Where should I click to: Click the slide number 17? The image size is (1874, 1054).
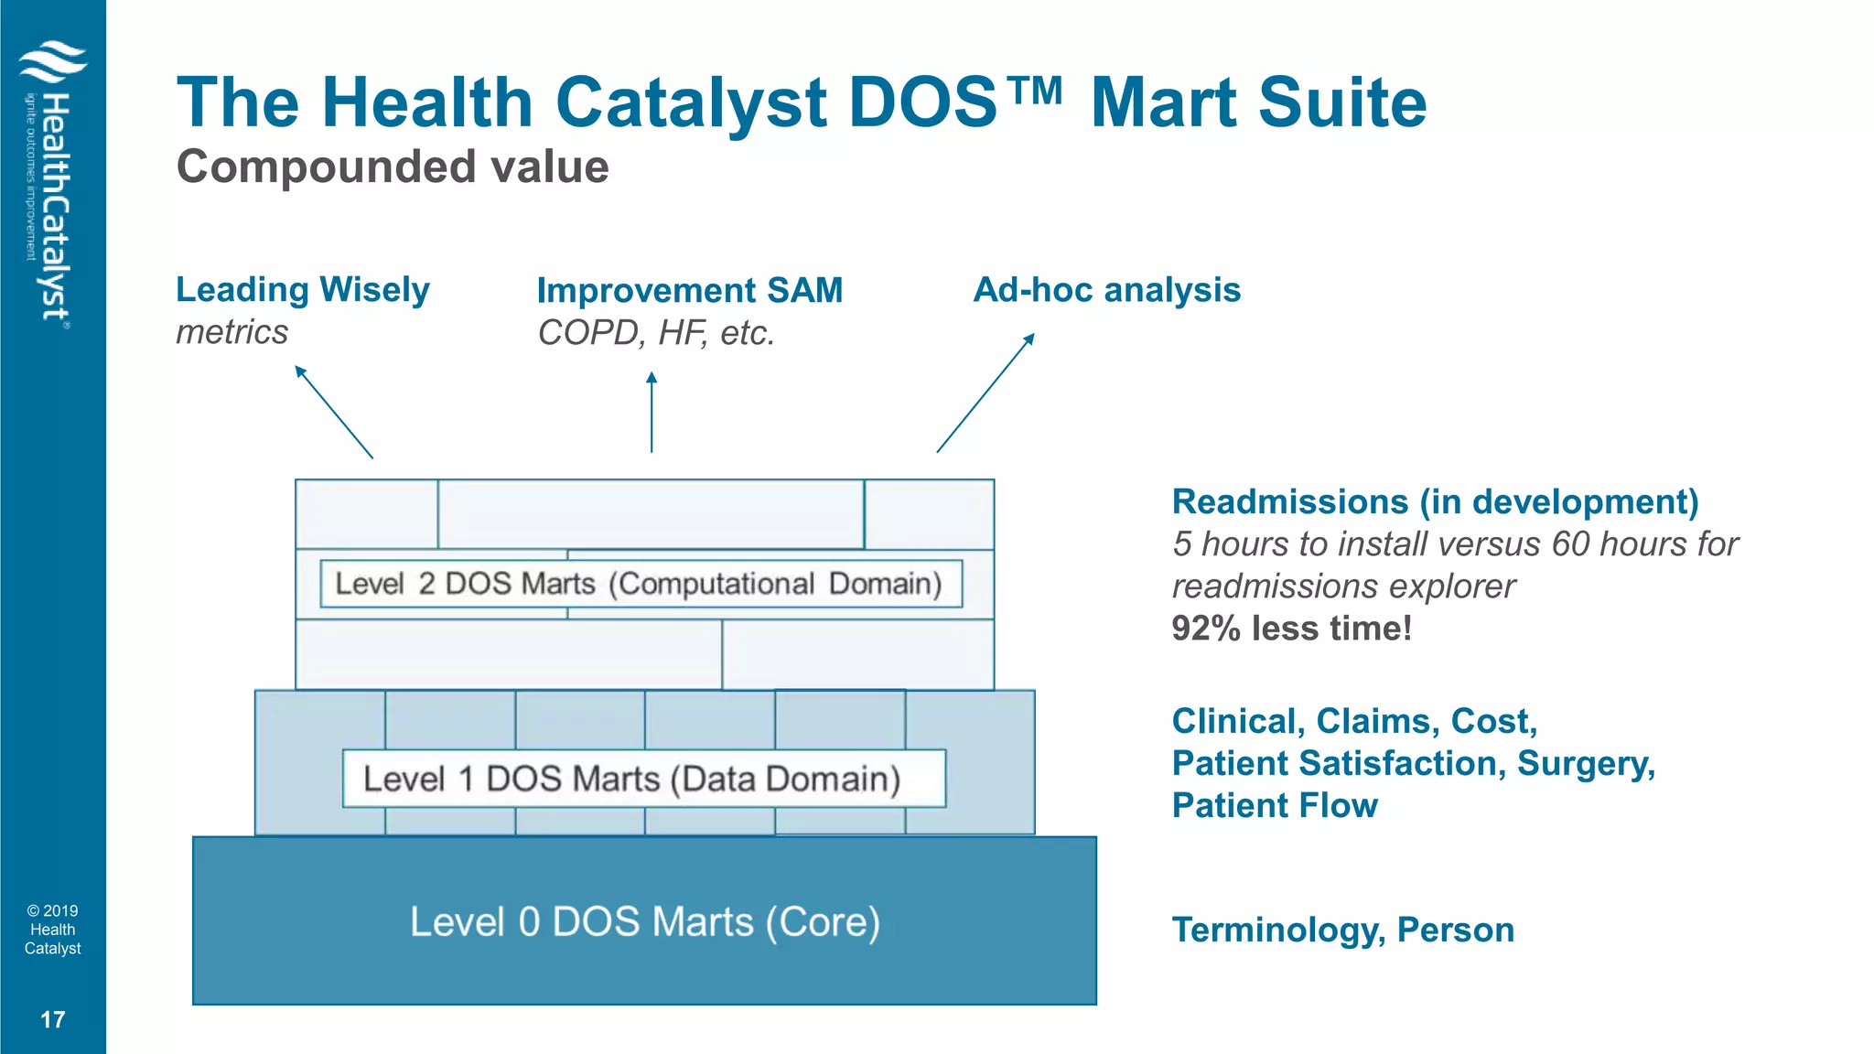[x=53, y=1019]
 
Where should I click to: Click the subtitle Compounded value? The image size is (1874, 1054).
[x=393, y=167]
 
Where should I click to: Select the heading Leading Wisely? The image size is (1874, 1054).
[x=302, y=290]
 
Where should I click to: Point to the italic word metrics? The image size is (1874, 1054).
[x=232, y=332]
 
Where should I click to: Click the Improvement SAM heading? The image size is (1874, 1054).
[x=689, y=291]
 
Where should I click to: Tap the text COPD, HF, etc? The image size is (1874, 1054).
[x=656, y=333]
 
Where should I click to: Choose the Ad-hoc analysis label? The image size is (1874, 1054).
[x=1106, y=290]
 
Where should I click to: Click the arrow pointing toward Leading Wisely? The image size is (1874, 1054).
[x=334, y=412]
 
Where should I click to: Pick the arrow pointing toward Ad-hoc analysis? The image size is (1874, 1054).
[x=985, y=393]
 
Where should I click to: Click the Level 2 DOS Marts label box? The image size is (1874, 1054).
[x=641, y=584]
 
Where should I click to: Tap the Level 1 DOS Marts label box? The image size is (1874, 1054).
[x=643, y=779]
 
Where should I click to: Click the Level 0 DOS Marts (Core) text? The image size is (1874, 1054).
[x=644, y=921]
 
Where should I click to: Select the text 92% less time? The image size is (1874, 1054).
[x=1291, y=629]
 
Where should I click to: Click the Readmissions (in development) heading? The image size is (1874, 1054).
[x=1435, y=502]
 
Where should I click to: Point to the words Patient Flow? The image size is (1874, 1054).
[x=1275, y=806]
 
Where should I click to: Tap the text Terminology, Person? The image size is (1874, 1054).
[x=1342, y=930]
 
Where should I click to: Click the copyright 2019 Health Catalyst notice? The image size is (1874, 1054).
[x=53, y=930]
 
